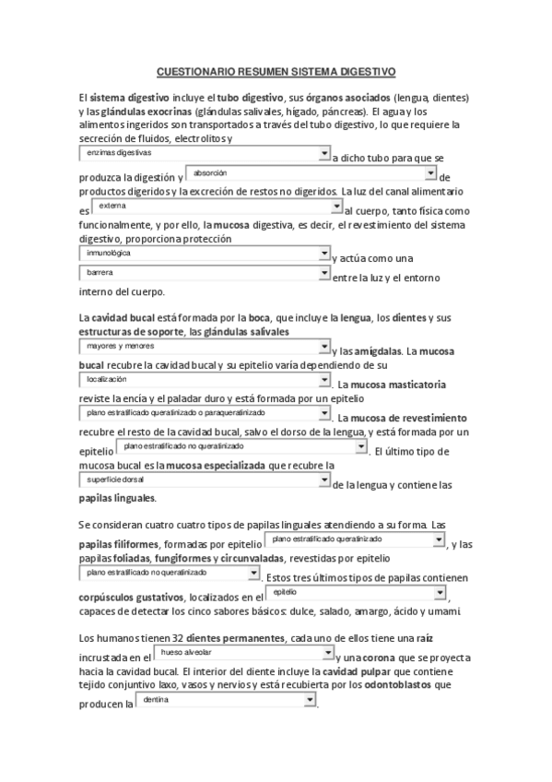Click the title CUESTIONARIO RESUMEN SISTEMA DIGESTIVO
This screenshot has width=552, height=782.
click(x=276, y=70)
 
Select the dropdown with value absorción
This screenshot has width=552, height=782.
click(x=311, y=172)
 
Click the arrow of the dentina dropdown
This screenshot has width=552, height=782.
click(x=310, y=701)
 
